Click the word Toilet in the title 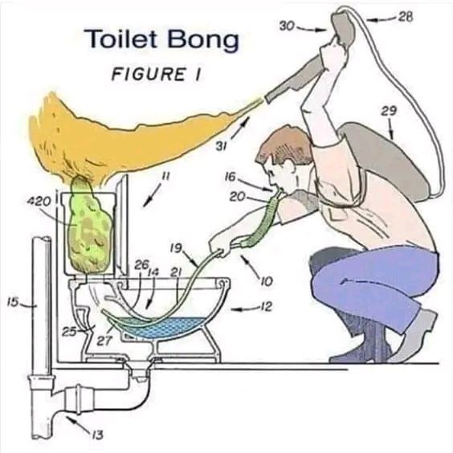point(120,39)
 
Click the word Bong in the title point(203,41)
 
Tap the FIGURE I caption point(156,74)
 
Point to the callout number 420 point(39,201)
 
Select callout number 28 point(406,18)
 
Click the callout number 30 point(287,27)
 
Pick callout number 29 point(389,111)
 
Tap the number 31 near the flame point(221,147)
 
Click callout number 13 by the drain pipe point(97,435)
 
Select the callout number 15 point(13,303)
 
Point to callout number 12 point(266,307)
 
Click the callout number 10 point(267,281)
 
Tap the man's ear point(288,166)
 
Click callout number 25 point(69,332)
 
